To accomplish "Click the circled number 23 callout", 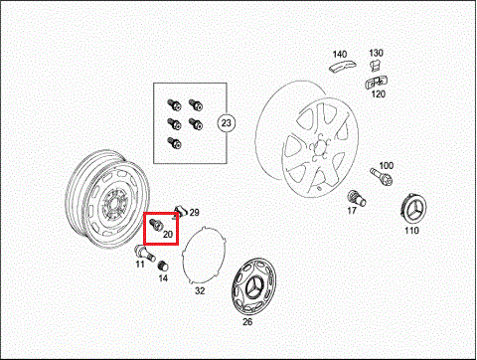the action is pyautogui.click(x=226, y=123).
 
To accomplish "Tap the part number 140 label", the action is pyautogui.click(x=340, y=54).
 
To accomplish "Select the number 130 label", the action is pyautogui.click(x=376, y=53).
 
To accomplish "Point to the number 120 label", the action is pyautogui.click(x=379, y=93).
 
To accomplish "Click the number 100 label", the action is pyautogui.click(x=387, y=165).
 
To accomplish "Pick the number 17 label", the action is pyautogui.click(x=352, y=210).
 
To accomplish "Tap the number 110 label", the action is pyautogui.click(x=411, y=230).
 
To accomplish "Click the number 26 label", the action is pyautogui.click(x=247, y=321).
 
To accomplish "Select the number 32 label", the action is pyautogui.click(x=200, y=290).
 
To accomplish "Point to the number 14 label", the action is pyautogui.click(x=163, y=277).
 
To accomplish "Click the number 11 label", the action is pyautogui.click(x=140, y=264).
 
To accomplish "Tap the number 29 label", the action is pyautogui.click(x=194, y=213).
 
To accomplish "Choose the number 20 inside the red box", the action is pyautogui.click(x=168, y=234).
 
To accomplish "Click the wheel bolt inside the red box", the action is pyautogui.click(x=155, y=225).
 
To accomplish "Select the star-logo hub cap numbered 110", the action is pyautogui.click(x=413, y=210).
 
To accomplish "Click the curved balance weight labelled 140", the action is pyautogui.click(x=343, y=66).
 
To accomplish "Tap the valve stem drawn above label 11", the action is pyautogui.click(x=145, y=253).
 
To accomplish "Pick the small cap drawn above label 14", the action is pyautogui.click(x=163, y=266).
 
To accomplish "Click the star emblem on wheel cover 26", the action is pyautogui.click(x=254, y=286).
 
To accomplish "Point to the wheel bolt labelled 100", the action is pyautogui.click(x=382, y=177).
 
